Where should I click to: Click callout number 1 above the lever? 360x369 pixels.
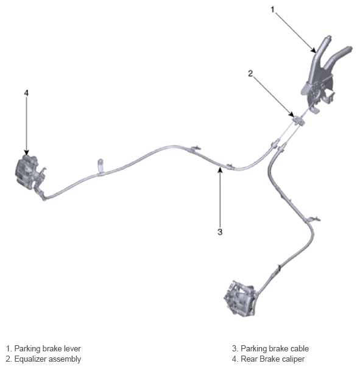pos(273,10)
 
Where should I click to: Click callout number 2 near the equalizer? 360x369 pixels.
pos(250,74)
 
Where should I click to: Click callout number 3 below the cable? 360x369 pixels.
pos(220,232)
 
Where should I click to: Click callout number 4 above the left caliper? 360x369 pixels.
pos(26,93)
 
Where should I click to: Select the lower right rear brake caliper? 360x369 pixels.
pos(240,298)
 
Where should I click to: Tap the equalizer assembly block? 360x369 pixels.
pos(298,121)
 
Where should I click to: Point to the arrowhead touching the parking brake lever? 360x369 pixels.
pos(314,50)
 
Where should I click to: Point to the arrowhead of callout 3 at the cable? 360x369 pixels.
pos(220,169)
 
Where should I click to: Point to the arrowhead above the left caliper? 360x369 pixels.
pos(26,152)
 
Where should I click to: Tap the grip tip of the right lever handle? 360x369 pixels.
pos(349,49)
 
